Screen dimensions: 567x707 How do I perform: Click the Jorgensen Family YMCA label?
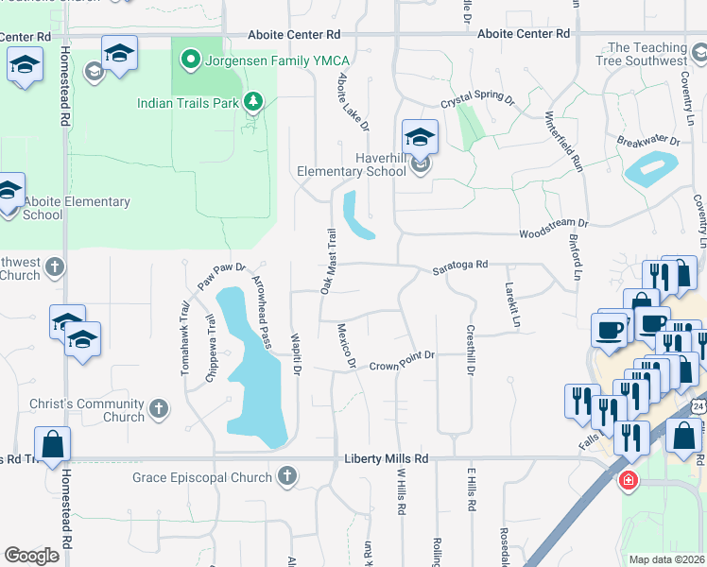coord(266,61)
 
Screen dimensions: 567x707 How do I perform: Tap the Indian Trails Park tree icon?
coord(252,102)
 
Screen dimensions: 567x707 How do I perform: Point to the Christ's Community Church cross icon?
coord(159,409)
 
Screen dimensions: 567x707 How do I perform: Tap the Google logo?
coord(32,555)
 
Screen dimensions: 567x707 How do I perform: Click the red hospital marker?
coord(627,482)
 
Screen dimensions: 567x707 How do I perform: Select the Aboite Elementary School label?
coord(77,208)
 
